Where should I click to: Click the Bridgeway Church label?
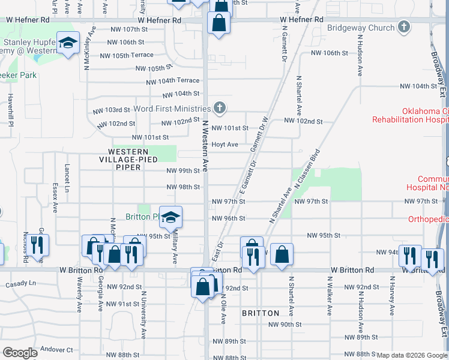[361, 28]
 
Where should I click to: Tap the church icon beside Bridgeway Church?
[405, 27]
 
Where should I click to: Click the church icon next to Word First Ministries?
[220, 108]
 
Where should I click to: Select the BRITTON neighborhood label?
[261, 313]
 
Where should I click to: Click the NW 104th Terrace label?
[172, 80]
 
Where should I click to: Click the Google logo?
[20, 352]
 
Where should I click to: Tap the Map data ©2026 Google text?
[412, 355]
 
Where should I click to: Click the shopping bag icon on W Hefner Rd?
[219, 23]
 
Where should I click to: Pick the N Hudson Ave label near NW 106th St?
[361, 62]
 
